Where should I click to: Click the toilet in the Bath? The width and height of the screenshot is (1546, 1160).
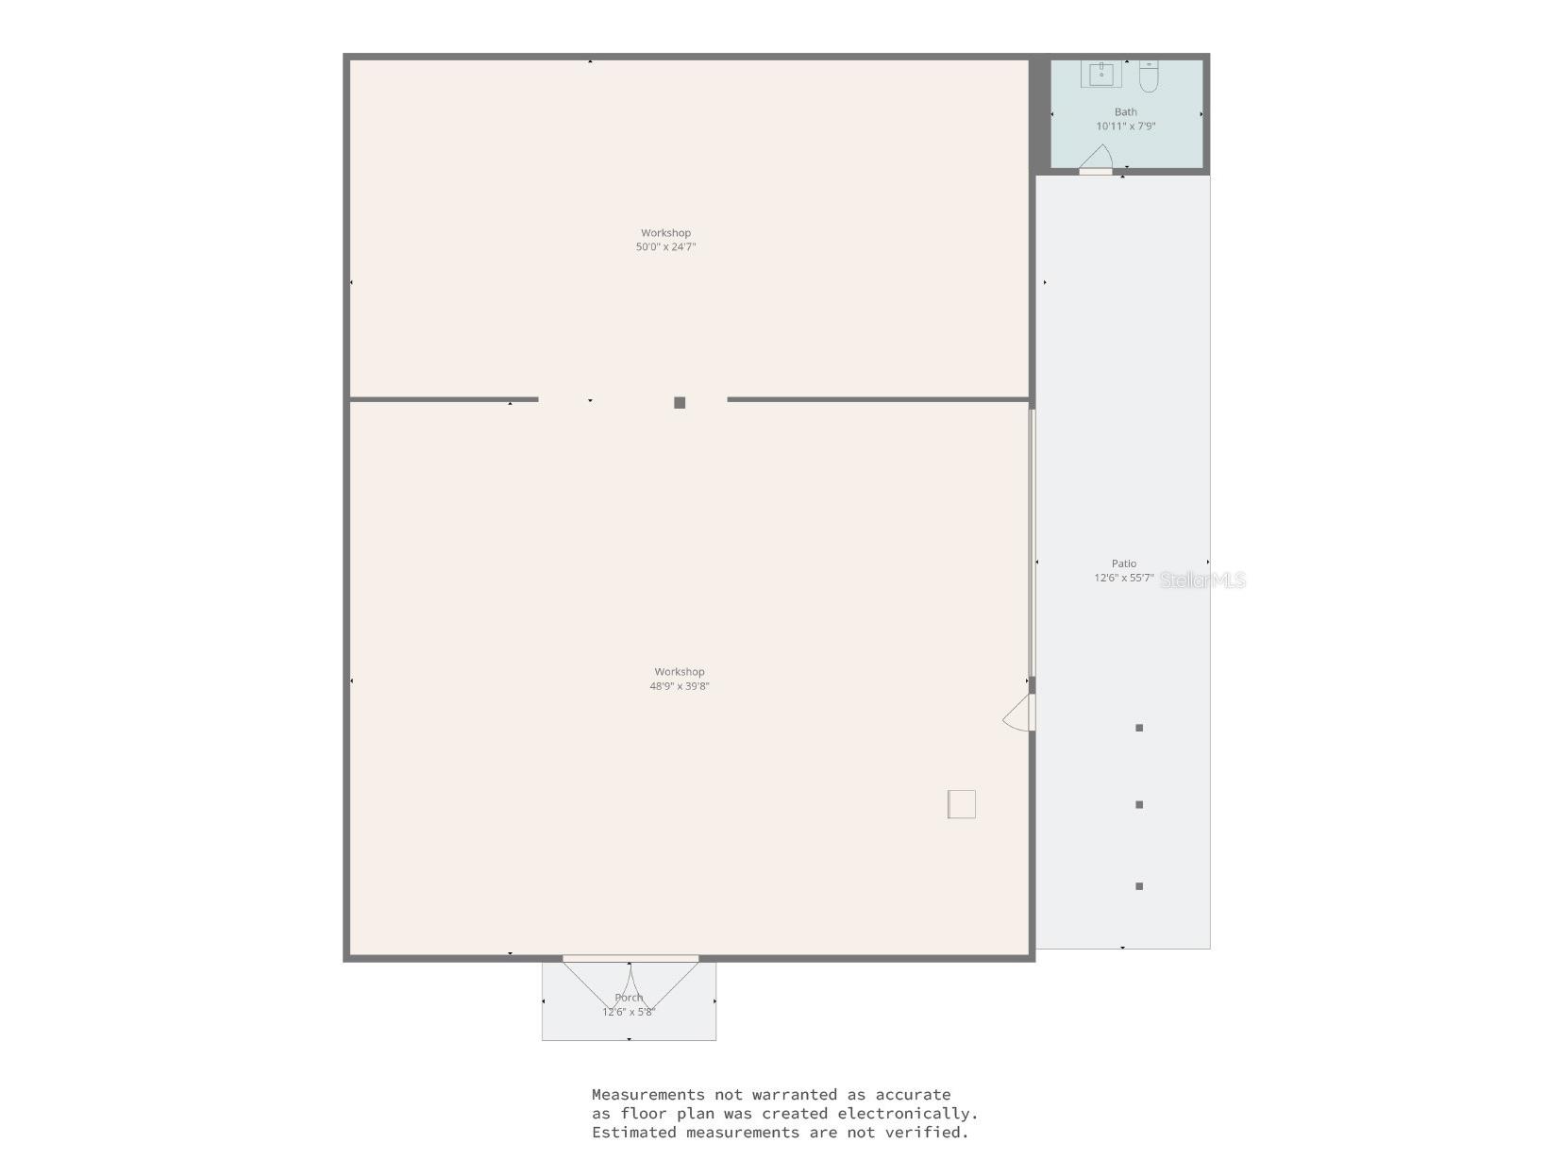click(x=1148, y=76)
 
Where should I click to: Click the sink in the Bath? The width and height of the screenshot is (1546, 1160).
click(x=1101, y=74)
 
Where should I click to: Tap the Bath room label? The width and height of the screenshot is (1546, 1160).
click(x=1125, y=112)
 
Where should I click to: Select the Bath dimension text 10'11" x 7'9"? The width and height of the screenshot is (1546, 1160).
click(x=1125, y=126)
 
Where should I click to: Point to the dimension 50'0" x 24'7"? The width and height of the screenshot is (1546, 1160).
click(x=665, y=246)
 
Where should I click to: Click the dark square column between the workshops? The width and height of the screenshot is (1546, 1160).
click(x=680, y=403)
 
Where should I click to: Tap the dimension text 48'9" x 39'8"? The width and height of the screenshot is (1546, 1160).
click(x=679, y=686)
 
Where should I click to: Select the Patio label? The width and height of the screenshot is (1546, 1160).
click(x=1124, y=563)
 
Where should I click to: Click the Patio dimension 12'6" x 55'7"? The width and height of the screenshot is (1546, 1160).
click(x=1124, y=578)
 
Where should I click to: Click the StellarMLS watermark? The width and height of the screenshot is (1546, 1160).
click(x=1202, y=580)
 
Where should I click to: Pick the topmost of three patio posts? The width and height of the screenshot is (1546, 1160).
click(x=1139, y=728)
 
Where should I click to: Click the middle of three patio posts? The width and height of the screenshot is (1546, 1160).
click(x=1139, y=804)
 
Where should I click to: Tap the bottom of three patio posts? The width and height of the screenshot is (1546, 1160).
click(x=1139, y=886)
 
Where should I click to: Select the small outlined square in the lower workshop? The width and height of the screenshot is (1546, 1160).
click(x=962, y=804)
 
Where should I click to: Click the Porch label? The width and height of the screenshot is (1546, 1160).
click(x=629, y=998)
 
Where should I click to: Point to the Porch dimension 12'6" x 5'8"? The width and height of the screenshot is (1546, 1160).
click(x=629, y=1012)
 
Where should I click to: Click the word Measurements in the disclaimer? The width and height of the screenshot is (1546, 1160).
click(x=648, y=1095)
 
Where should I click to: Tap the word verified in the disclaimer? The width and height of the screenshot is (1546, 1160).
click(x=933, y=1132)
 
